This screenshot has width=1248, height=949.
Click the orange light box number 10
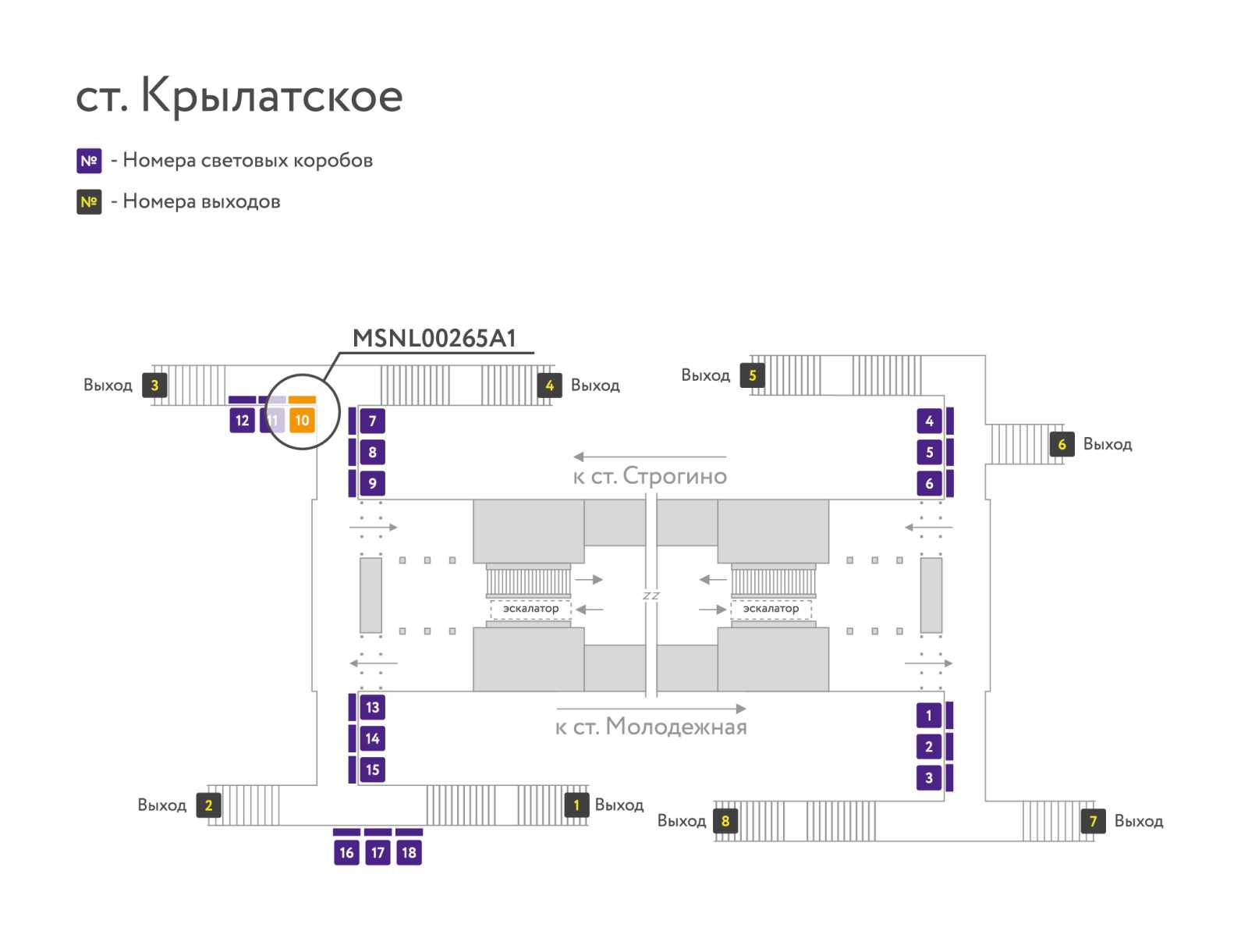point(302,421)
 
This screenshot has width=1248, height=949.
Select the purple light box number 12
point(242,421)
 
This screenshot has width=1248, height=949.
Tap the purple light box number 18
point(409,852)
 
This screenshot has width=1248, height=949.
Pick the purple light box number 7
point(372,421)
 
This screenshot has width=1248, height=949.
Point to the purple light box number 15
point(372,770)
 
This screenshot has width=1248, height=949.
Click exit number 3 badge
point(154,385)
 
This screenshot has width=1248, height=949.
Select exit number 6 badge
point(1062,444)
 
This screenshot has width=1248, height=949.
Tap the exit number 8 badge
point(725,820)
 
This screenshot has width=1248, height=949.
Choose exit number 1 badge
point(576,805)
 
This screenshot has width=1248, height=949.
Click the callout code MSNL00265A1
point(434,338)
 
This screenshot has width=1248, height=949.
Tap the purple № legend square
point(89,161)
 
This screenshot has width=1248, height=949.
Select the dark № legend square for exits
point(89,202)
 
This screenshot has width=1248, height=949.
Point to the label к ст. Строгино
point(650,476)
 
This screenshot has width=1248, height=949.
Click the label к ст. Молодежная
point(651,727)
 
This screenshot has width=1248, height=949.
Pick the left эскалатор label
point(530,608)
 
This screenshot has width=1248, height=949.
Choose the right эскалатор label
point(771,608)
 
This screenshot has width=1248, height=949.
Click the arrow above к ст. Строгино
point(650,457)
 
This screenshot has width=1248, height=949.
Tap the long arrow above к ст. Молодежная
point(651,709)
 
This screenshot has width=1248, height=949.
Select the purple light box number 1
point(928,715)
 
